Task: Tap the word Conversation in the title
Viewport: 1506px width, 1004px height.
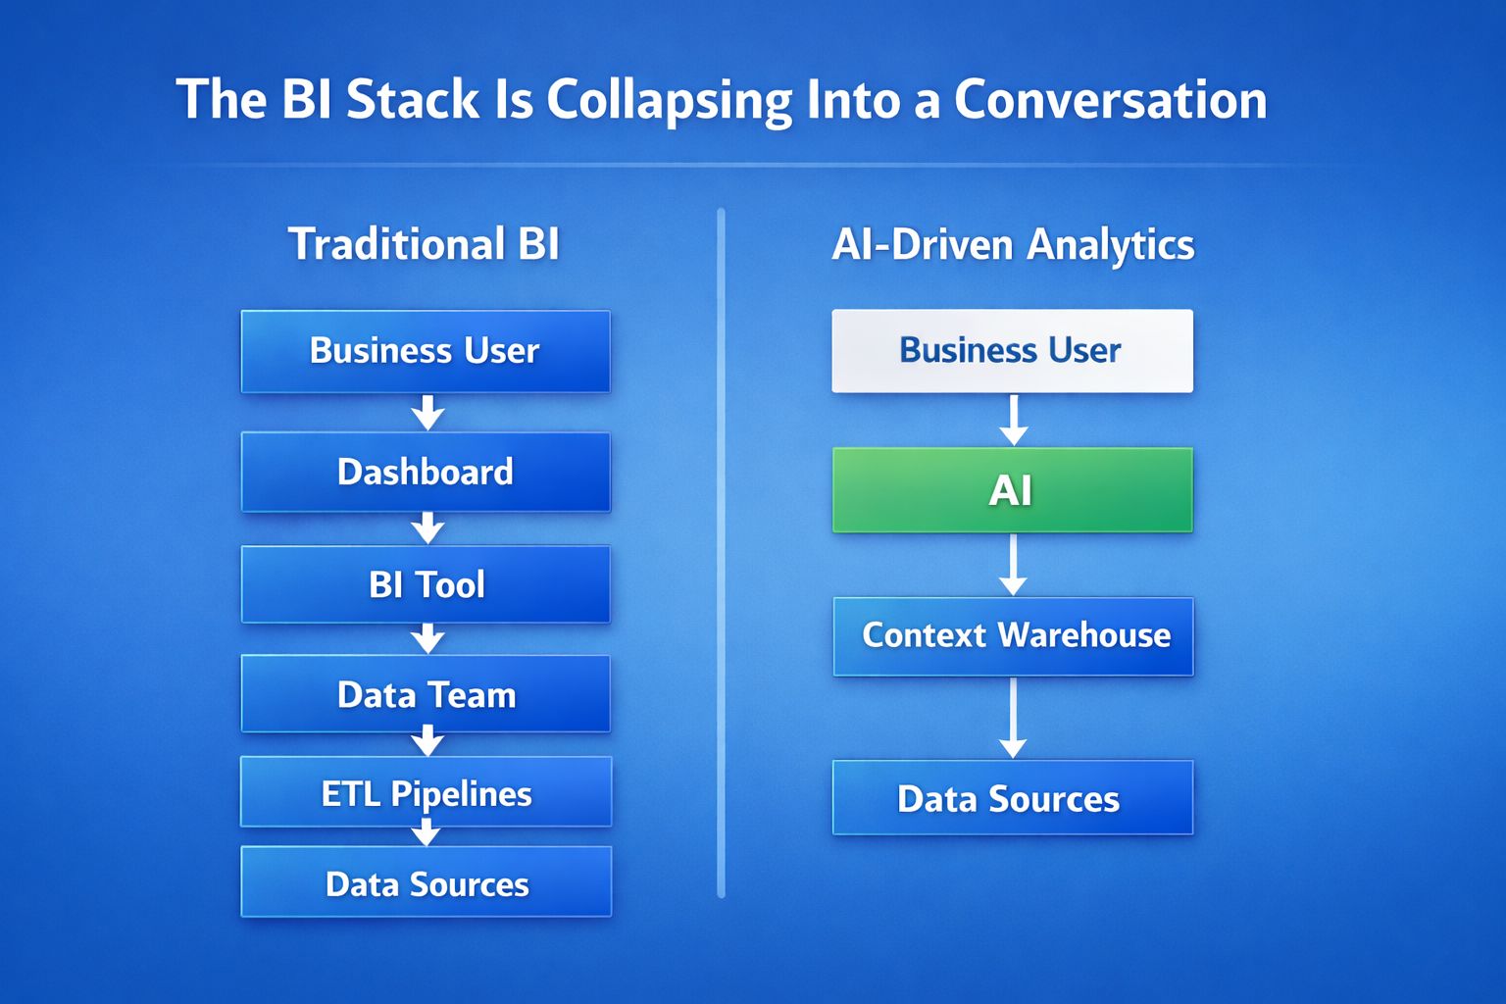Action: (x=1110, y=100)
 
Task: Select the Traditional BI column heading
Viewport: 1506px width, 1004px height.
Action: (x=424, y=244)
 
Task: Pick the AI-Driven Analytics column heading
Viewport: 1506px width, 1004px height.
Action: (x=1013, y=244)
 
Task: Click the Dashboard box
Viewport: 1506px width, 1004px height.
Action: (x=426, y=472)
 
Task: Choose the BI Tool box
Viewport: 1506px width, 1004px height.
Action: (x=426, y=584)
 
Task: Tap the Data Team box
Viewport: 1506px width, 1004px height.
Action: (x=426, y=694)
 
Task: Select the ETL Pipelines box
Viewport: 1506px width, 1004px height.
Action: (x=426, y=792)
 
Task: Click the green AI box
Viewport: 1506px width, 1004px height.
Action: (x=1012, y=490)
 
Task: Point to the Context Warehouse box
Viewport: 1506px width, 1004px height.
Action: (x=1013, y=635)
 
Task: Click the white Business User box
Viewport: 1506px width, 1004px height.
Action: (x=1012, y=351)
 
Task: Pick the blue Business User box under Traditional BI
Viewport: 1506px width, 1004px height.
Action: (x=426, y=351)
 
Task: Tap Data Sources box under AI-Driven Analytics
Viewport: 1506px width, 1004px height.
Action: (x=1012, y=798)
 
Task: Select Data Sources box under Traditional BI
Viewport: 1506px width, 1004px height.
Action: (x=426, y=882)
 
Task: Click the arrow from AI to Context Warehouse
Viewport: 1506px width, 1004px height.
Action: (x=1013, y=566)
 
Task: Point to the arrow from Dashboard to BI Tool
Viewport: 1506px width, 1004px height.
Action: (x=427, y=528)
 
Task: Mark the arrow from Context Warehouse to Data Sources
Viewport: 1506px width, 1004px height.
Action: (x=1013, y=719)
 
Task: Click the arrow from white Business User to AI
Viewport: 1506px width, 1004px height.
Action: (x=1013, y=421)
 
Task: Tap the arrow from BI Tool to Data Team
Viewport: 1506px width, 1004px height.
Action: (x=427, y=639)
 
